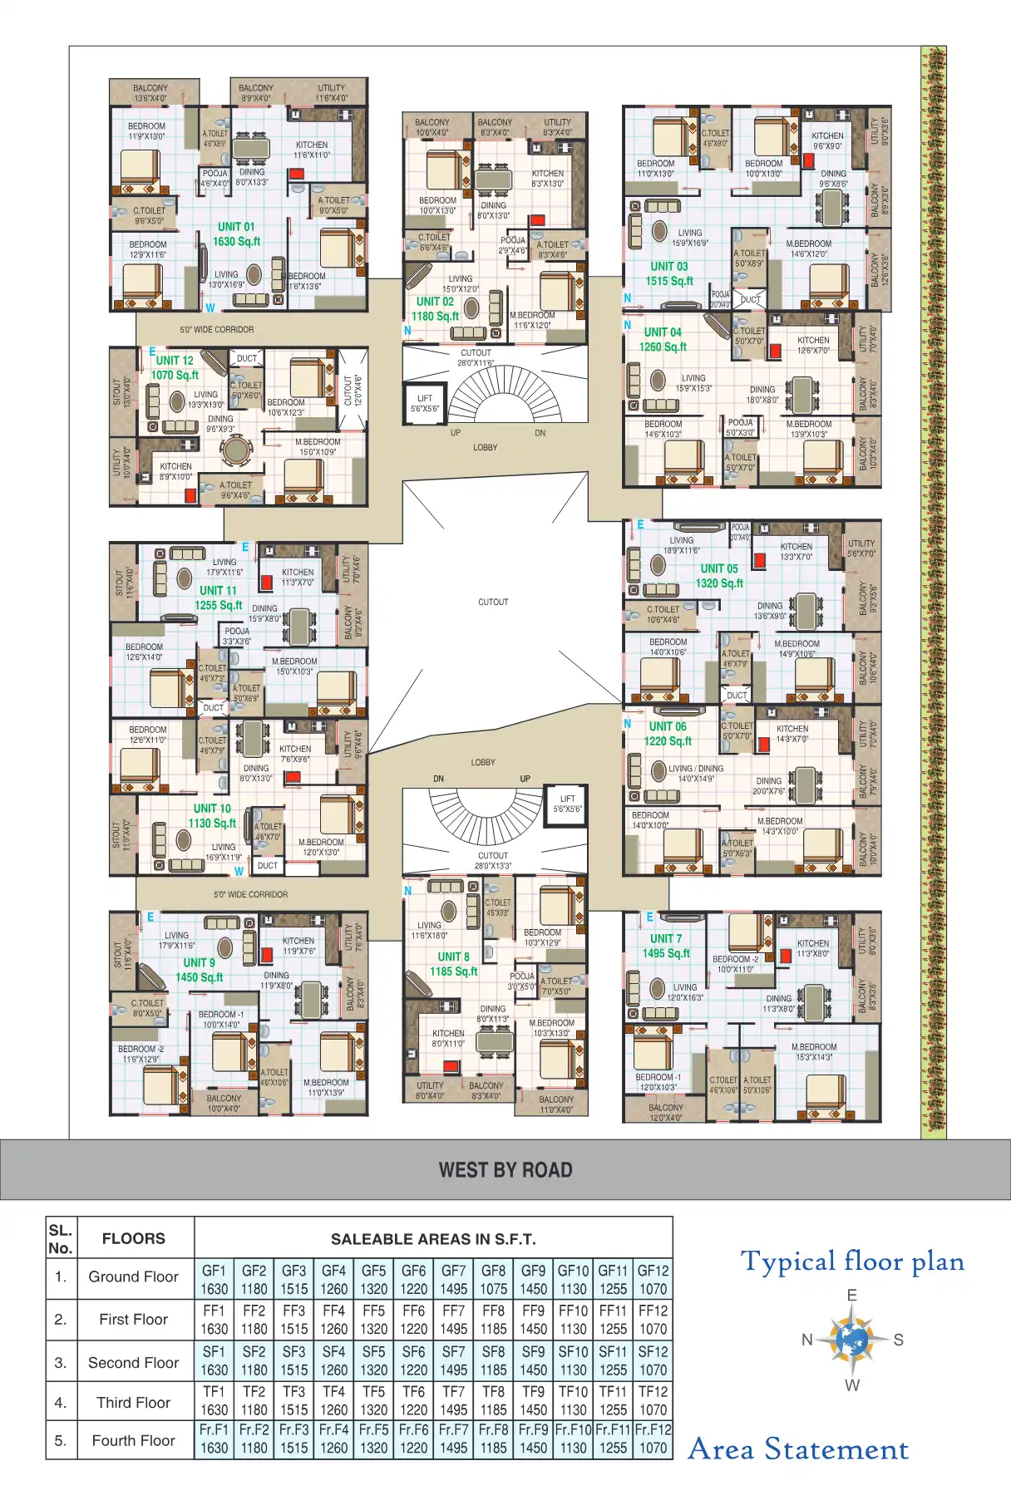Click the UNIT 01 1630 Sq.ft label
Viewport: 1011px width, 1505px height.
click(236, 234)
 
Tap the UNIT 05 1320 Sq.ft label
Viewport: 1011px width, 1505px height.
click(719, 576)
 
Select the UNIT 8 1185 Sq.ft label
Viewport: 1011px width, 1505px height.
click(453, 964)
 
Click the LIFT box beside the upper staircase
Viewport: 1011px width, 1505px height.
click(425, 403)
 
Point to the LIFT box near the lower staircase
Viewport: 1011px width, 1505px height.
click(567, 804)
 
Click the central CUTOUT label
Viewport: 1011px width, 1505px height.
click(493, 602)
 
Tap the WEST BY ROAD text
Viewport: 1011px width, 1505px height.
click(505, 1170)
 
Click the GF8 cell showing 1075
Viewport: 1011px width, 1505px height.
click(493, 1280)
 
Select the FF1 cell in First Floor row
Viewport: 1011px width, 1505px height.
click(214, 1320)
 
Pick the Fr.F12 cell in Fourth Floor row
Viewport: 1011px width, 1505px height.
click(653, 1439)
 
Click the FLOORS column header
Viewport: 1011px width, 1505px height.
click(133, 1238)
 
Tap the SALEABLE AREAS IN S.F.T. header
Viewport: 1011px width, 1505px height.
click(433, 1239)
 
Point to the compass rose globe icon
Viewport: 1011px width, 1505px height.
click(851, 1340)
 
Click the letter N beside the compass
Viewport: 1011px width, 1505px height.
click(806, 1340)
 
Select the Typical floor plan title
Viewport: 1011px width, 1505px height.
click(852, 1262)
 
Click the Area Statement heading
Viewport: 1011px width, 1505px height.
click(798, 1449)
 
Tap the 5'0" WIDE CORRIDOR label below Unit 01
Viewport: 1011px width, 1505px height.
click(217, 330)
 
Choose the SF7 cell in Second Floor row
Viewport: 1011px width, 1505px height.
click(453, 1361)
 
